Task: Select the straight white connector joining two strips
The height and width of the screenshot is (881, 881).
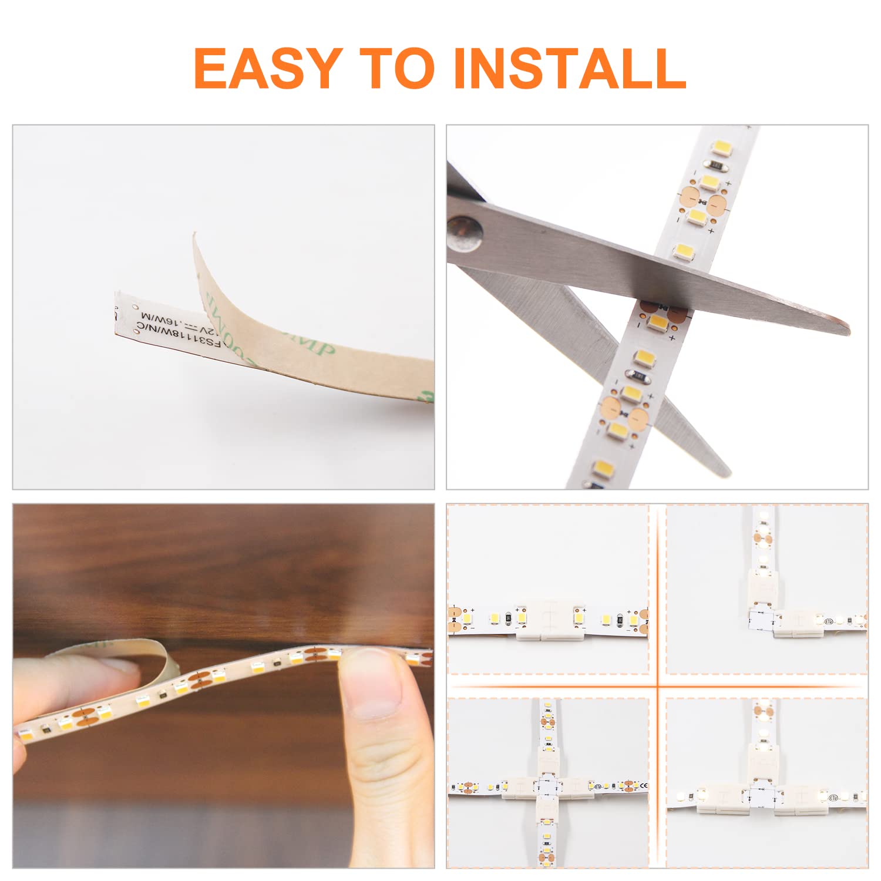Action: [547, 620]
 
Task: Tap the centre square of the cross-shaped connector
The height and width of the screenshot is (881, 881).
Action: [547, 785]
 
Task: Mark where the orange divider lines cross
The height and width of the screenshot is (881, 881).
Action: [657, 685]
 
